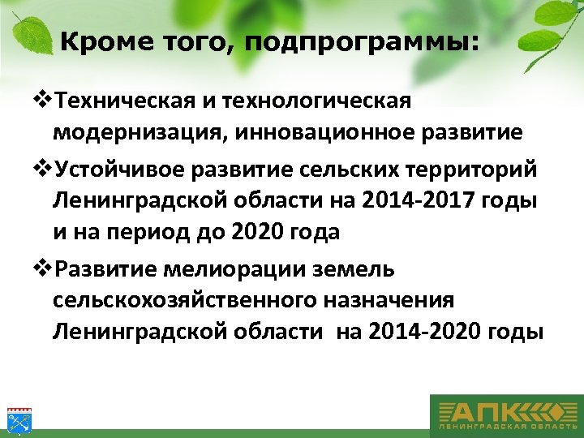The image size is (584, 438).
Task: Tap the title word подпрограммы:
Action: [x=363, y=43]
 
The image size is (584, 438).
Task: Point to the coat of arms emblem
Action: [x=18, y=417]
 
